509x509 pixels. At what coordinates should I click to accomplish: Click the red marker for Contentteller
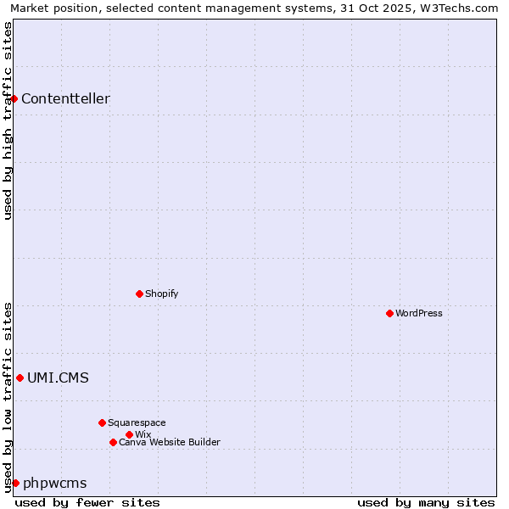coord(14,98)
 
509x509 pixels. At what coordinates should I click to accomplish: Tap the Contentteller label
coord(65,98)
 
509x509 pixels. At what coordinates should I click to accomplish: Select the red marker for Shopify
coord(139,294)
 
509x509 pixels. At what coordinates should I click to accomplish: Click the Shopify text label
coord(161,294)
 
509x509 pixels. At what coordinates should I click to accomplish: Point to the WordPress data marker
coord(389,313)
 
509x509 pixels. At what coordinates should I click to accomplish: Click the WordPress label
coord(419,313)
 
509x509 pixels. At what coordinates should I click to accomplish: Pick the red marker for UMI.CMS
coord(20,378)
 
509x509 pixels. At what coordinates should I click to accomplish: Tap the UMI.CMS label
coord(58,378)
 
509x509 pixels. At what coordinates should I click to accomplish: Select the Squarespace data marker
coord(102,422)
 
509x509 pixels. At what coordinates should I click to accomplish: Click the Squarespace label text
coord(137,422)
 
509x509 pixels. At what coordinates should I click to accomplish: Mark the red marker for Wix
coord(129,434)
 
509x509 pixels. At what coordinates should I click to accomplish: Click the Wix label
coord(143,434)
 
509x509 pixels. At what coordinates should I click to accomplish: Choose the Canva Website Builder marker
coord(113,442)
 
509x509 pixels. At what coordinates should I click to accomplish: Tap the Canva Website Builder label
coord(170,442)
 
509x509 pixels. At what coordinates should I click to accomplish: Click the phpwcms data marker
coord(15,483)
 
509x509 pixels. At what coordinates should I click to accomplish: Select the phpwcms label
coord(54,483)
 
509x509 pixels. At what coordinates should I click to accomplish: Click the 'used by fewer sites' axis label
coord(87,502)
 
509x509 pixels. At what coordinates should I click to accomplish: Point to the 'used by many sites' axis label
coord(426,502)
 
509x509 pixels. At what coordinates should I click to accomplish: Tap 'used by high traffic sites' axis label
coord(8,120)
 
